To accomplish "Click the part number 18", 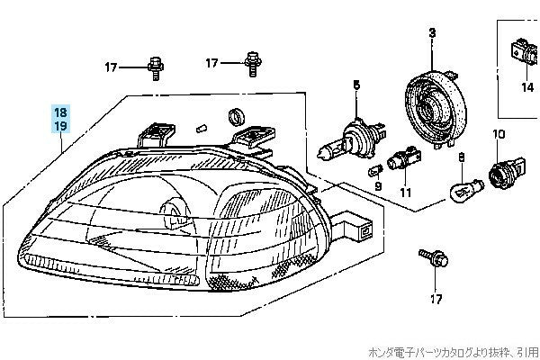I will click(59, 112).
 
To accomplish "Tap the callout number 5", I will click(355, 85).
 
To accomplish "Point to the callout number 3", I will click(431, 33).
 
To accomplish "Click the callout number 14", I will click(527, 87).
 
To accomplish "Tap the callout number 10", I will click(494, 134).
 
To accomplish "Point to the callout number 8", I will click(462, 157).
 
